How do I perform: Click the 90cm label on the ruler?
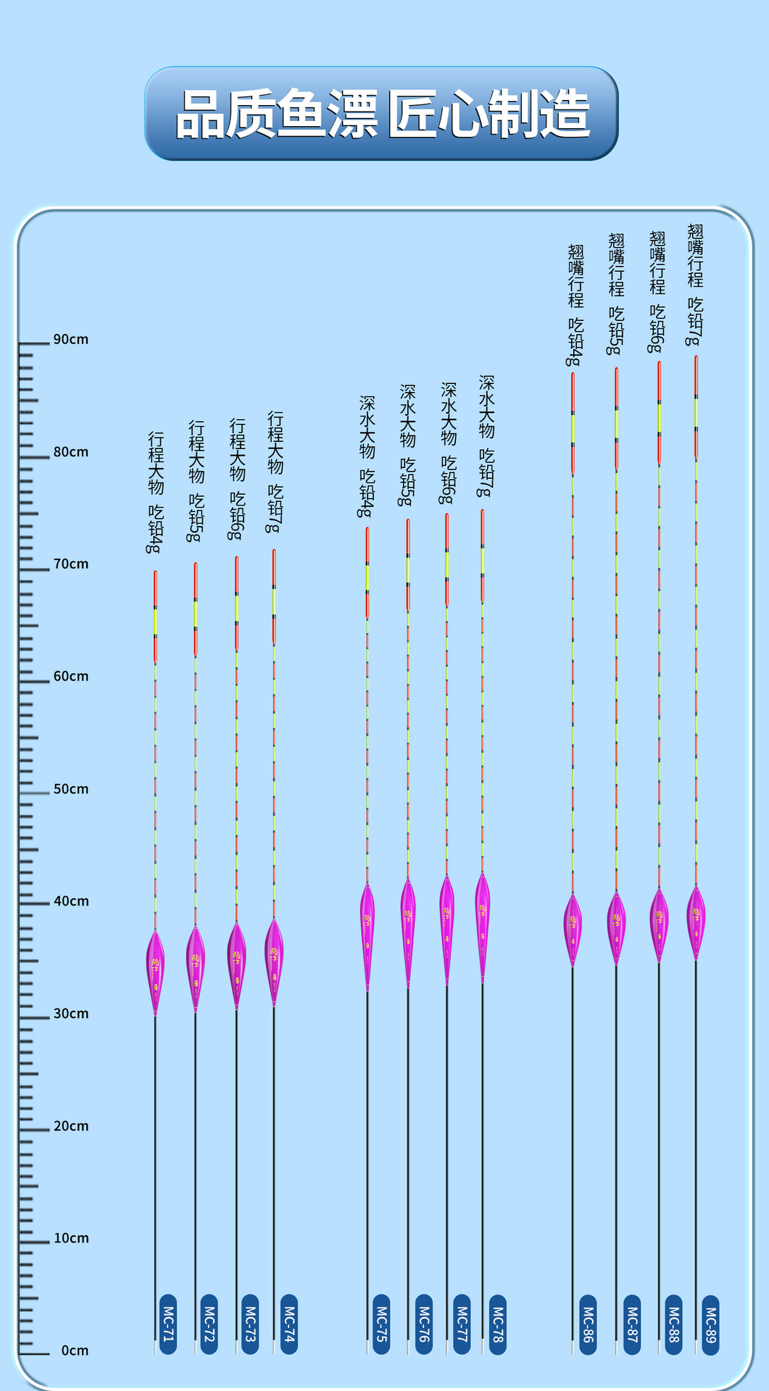[x=70, y=340]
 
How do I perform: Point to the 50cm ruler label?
[x=70, y=790]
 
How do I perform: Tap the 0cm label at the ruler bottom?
[x=75, y=1351]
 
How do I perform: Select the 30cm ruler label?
[x=70, y=1014]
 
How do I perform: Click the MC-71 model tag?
[x=168, y=1324]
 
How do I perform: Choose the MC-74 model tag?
[x=289, y=1324]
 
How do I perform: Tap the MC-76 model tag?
[x=424, y=1324]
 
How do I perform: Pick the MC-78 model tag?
[x=497, y=1324]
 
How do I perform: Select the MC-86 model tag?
[x=588, y=1324]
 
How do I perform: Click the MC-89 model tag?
[x=710, y=1324]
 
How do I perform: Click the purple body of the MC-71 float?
[x=155, y=971]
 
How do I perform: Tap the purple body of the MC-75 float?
[x=367, y=935]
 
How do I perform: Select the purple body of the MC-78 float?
[x=483, y=924]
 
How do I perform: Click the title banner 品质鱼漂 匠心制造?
[x=381, y=114]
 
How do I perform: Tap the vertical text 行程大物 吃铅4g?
[x=155, y=493]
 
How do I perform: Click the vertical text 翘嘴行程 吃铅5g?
[x=616, y=293]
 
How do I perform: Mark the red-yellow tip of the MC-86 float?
[x=573, y=424]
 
